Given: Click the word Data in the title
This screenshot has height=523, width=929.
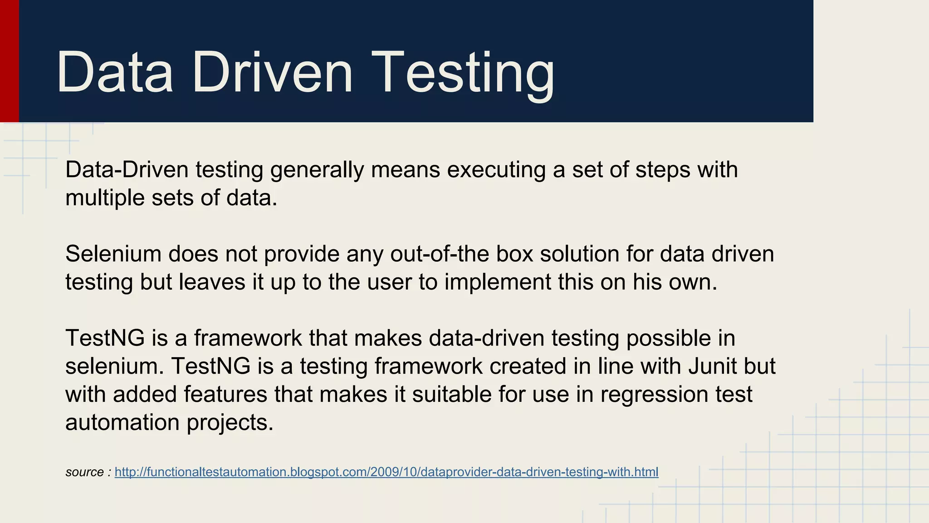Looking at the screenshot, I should [x=114, y=73].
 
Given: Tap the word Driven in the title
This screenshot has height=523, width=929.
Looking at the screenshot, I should [x=272, y=73].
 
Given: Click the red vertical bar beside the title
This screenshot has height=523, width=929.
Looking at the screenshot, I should [x=9, y=61].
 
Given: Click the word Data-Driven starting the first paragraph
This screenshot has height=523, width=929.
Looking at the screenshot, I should [x=127, y=170].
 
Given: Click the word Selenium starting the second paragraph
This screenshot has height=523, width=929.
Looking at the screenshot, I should [x=113, y=254].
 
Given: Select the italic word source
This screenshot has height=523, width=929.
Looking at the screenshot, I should [x=84, y=472].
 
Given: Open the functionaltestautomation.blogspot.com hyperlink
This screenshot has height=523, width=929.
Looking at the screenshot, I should [x=386, y=472].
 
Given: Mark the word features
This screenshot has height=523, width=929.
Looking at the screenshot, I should [x=225, y=395].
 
